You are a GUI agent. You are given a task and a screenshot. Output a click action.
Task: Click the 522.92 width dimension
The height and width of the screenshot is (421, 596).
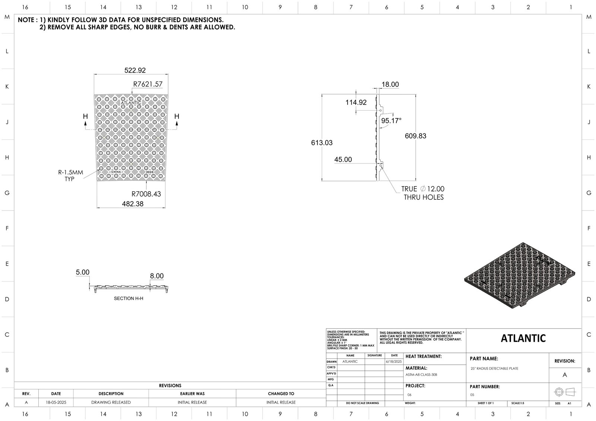(x=134, y=70)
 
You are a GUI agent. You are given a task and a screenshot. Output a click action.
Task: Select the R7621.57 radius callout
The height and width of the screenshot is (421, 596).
(x=148, y=84)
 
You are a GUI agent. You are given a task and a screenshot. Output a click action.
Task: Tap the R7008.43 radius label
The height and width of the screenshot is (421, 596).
(x=146, y=194)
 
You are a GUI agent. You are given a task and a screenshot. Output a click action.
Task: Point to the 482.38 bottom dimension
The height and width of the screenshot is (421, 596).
(x=133, y=204)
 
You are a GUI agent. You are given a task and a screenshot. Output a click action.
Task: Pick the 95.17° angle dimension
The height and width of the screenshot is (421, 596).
(x=391, y=121)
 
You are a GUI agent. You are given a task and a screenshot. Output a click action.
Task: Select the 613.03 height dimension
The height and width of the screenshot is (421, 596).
(x=322, y=143)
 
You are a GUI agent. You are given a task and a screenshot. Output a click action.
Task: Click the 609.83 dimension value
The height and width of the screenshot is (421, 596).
(x=415, y=136)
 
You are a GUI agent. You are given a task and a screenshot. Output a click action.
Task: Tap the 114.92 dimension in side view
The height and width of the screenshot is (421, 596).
(x=356, y=102)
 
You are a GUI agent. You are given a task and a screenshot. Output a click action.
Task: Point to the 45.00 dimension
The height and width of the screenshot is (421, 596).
(x=343, y=159)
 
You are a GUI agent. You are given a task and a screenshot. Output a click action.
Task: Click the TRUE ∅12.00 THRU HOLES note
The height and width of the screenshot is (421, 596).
(x=423, y=193)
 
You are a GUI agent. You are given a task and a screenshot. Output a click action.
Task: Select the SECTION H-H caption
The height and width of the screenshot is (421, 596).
(x=129, y=298)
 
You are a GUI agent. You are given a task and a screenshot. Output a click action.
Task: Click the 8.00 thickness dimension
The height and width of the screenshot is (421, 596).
(x=157, y=276)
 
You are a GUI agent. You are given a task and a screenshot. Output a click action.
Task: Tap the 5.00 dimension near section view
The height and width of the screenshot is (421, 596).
(x=83, y=272)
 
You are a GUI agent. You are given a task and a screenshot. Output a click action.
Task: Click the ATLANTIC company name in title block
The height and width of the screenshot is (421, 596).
(x=523, y=338)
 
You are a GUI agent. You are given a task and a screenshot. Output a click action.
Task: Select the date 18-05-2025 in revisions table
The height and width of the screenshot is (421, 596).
(x=56, y=402)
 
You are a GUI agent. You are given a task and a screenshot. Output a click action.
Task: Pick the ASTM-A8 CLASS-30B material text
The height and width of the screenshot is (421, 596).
(x=421, y=375)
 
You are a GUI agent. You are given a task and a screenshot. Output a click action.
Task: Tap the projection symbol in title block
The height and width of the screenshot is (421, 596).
(x=565, y=392)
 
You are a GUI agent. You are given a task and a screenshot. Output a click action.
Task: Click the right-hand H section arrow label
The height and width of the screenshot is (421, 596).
(x=177, y=116)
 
